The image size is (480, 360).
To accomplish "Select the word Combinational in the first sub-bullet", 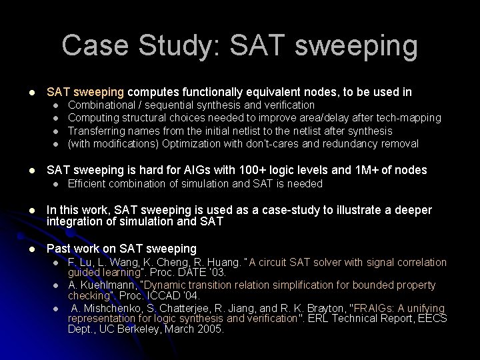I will pos(101,105).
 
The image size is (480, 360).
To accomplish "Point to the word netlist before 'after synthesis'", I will pos(275,131).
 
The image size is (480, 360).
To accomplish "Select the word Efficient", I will pos(89,183).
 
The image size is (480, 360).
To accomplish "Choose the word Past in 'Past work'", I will pos(58,248).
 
